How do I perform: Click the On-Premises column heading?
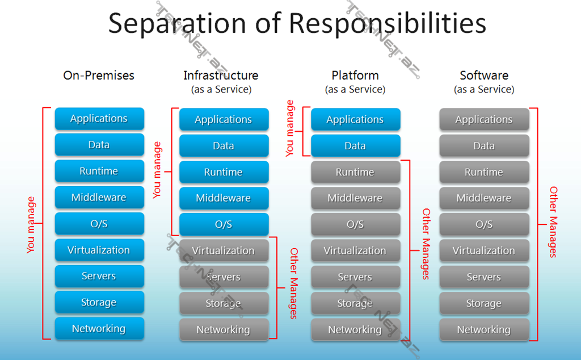99,76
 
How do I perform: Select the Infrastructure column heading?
221,76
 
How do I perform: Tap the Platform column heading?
355,76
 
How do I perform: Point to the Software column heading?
484,76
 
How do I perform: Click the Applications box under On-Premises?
99,119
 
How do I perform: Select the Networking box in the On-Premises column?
99,329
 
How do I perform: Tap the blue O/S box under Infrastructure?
224,224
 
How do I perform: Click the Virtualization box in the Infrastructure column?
224,250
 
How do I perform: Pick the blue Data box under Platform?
355,146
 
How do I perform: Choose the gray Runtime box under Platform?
355,172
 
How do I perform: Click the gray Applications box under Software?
484,120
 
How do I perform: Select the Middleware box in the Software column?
484,198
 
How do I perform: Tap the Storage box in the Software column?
484,303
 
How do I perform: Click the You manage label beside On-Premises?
31,224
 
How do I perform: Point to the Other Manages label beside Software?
553,222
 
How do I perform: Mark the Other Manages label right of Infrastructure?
293,283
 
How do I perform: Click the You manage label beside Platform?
290,128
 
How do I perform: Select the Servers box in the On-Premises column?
99,277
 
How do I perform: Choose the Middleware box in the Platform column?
355,198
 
